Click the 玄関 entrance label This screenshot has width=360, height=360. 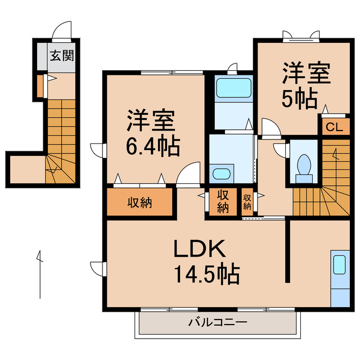62,56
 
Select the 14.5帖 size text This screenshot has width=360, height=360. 206,274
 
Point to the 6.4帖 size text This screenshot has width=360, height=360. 153,147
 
